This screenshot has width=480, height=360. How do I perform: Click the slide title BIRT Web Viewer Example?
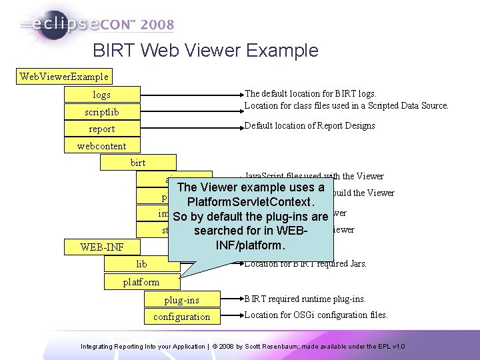coord(205,50)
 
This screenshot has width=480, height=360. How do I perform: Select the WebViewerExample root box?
coord(64,77)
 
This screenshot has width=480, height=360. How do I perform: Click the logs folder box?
coord(102,95)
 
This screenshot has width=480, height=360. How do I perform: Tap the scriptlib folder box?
coord(102,111)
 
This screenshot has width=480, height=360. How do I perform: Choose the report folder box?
coord(102,129)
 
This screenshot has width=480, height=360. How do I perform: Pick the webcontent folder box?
coord(102,145)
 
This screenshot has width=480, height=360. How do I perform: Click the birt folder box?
coord(138,162)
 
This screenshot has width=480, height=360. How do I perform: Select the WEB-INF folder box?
coord(102,247)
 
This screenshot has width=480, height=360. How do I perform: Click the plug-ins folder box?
coord(182,300)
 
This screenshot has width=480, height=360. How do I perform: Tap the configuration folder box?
coord(182,317)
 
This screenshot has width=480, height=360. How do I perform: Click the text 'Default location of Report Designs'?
coord(309,125)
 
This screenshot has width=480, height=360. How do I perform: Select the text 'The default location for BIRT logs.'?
coord(310,94)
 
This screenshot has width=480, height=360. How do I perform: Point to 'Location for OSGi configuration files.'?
coord(315,315)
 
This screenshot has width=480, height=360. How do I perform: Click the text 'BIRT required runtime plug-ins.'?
coord(305,299)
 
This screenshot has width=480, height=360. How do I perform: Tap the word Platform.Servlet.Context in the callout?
coord(251,201)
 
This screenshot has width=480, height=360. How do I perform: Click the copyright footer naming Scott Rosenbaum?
coord(243,347)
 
